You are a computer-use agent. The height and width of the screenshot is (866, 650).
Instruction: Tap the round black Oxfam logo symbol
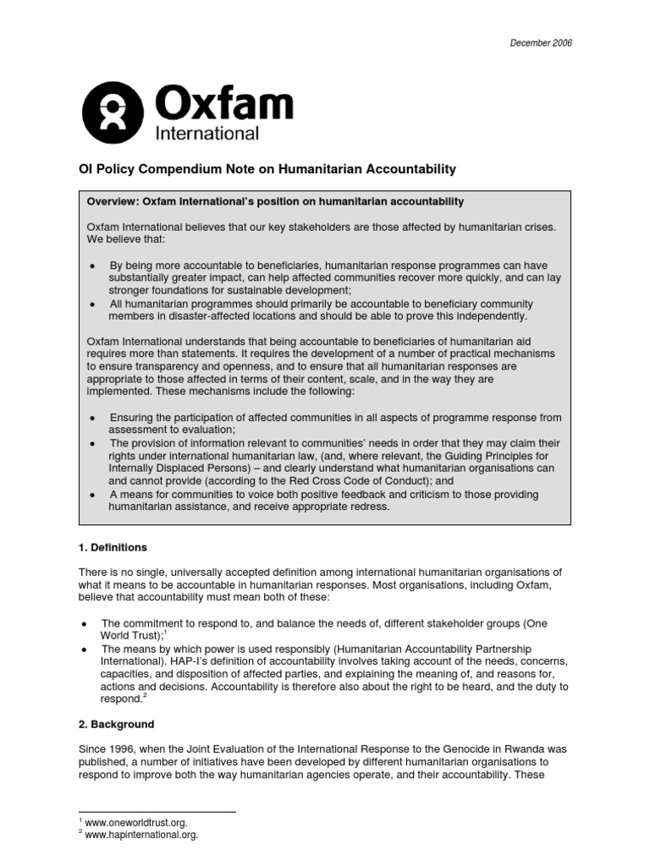coord(114,114)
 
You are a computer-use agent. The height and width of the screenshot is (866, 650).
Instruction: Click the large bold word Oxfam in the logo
coord(224,106)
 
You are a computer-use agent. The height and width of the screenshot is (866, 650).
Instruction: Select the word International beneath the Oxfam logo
coord(207,134)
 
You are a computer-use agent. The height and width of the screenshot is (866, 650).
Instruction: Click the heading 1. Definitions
coord(113,548)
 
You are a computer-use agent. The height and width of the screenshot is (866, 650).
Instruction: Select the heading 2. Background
coord(117,725)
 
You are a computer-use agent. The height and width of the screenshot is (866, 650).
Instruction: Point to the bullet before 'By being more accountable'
coord(92,266)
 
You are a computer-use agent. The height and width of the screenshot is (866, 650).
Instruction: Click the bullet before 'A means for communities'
coord(92,495)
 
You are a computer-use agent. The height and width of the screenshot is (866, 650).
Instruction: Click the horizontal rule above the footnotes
coord(157,812)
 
